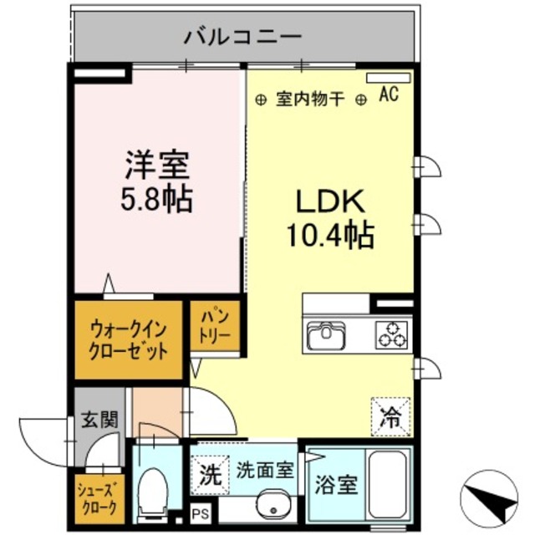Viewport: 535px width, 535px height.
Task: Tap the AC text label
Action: (389, 94)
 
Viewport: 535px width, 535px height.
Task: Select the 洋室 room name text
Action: (158, 163)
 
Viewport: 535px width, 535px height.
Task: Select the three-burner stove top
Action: (391, 334)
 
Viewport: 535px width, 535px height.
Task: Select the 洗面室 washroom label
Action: (263, 471)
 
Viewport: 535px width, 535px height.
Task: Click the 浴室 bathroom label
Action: (334, 482)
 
